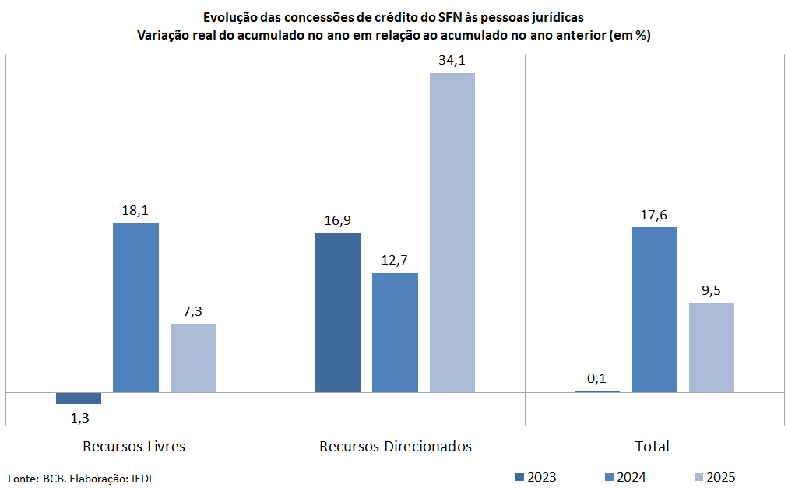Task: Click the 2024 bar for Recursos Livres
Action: click(135, 307)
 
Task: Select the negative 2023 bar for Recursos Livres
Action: click(79, 398)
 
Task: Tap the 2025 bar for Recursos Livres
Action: click(193, 358)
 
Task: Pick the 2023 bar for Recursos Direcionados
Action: click(338, 312)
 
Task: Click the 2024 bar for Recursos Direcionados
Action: click(395, 332)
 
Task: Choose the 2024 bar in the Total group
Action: click(654, 309)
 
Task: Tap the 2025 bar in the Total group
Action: click(712, 347)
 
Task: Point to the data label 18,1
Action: click(135, 211)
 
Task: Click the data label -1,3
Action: click(77, 418)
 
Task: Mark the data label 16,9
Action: click(338, 221)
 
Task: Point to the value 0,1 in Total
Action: click(597, 378)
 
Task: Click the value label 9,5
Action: click(712, 291)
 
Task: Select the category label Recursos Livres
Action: click(134, 447)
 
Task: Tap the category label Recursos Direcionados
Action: click(396, 447)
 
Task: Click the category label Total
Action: click(653, 447)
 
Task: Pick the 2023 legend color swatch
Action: click(519, 477)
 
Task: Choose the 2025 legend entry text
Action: click(720, 477)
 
